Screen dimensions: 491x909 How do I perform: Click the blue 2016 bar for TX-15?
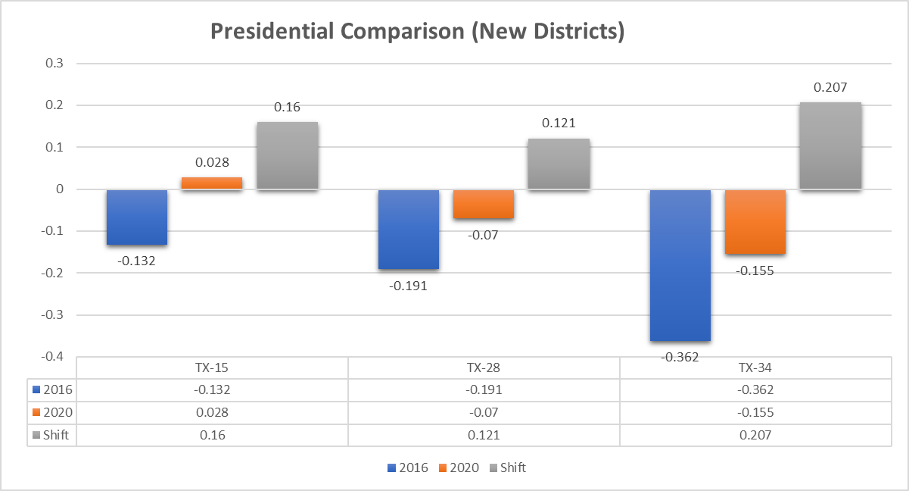tap(137, 217)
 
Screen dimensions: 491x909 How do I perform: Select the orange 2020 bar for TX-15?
tap(212, 183)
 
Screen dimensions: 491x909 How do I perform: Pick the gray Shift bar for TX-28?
tap(559, 164)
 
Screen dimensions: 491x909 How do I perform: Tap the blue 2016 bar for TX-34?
tap(680, 265)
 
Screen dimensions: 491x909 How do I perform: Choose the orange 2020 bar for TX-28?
tap(484, 204)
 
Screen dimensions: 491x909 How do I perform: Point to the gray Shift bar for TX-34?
tap(830, 145)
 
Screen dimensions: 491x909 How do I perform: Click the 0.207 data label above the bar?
tap(830, 88)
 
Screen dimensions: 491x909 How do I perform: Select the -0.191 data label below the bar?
tap(408, 286)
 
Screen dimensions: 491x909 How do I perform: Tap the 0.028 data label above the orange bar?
tap(212, 162)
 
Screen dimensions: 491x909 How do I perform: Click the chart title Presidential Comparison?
tap(417, 32)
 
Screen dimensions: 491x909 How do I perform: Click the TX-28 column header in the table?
tap(484, 368)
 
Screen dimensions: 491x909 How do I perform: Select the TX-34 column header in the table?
tap(755, 368)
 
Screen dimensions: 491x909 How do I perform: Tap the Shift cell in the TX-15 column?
tap(212, 436)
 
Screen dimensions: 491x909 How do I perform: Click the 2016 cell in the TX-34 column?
tap(755, 390)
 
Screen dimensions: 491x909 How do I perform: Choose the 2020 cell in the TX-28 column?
tap(484, 413)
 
